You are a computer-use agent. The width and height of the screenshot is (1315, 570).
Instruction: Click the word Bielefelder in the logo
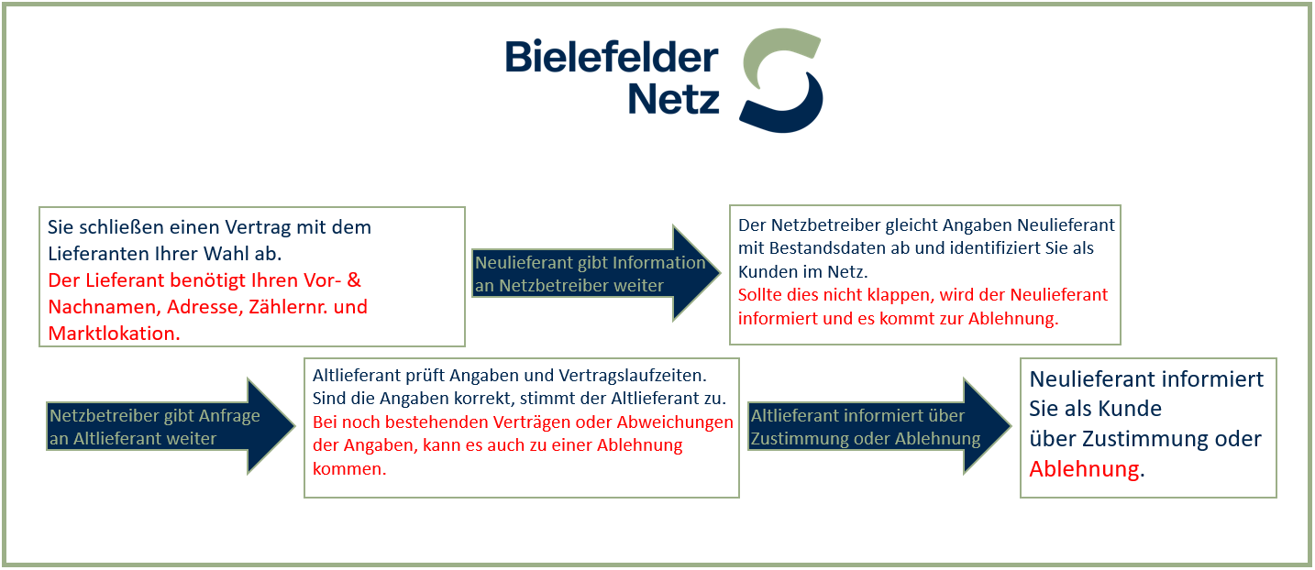pos(612,57)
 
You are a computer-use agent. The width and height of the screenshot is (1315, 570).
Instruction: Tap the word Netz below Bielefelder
pos(673,99)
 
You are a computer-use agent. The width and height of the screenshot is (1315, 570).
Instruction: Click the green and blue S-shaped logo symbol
pos(780,81)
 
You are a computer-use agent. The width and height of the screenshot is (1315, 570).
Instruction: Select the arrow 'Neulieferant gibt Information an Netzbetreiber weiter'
pos(596,273)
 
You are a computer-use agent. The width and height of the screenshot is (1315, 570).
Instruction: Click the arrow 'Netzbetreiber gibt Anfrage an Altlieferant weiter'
pos(171,426)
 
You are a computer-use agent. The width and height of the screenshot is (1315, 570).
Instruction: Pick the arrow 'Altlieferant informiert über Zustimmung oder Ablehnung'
pos(879,426)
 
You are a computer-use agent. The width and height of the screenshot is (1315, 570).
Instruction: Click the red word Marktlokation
pos(114,333)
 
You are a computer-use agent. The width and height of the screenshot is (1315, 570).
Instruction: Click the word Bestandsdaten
pos(828,248)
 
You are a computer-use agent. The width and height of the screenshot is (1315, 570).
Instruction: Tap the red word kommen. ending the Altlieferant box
pos(349,469)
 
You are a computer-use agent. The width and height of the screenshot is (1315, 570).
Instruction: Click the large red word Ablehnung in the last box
pos(1084,469)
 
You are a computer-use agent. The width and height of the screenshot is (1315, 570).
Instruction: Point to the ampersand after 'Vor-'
pos(354,280)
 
